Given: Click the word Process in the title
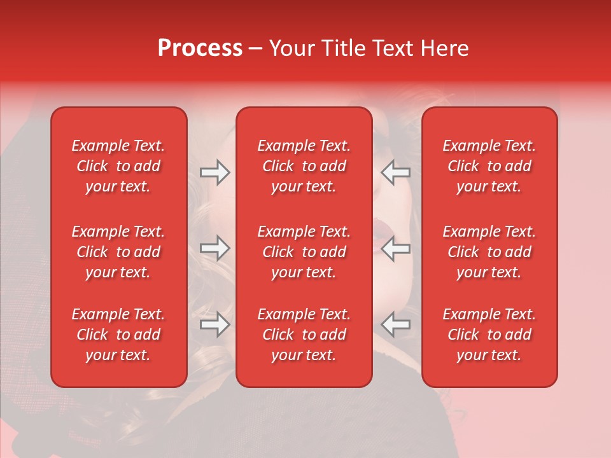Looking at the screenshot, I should point(200,48).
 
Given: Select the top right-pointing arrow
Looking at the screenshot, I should point(214,172).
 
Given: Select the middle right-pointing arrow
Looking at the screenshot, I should point(214,248).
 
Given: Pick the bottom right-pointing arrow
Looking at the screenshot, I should point(214,324).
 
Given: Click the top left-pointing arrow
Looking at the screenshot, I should point(396,172).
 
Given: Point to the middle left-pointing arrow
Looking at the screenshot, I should point(396,248).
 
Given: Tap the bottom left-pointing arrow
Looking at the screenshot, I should point(396,324).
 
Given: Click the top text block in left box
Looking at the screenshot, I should point(118,166).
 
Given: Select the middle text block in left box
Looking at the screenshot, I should point(118,252).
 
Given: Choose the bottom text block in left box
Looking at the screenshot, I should point(118,335).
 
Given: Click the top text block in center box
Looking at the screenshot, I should point(304,166).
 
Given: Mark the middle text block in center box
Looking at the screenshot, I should point(304,252).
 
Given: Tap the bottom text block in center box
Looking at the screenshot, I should point(304,335).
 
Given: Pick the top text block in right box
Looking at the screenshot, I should point(489,166).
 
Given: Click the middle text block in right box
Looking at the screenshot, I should point(489,252).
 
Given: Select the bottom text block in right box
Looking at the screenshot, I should point(489,335).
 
